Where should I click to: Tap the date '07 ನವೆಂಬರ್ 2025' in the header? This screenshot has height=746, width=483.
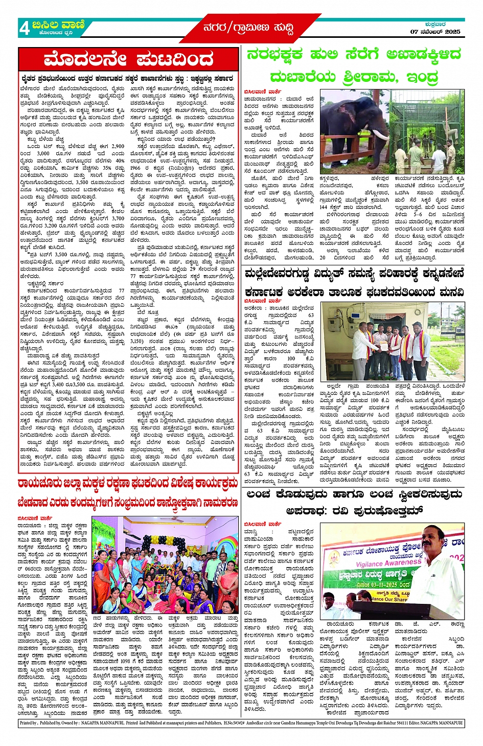435,32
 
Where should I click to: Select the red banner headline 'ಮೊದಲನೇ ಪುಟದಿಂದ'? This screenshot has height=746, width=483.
128,60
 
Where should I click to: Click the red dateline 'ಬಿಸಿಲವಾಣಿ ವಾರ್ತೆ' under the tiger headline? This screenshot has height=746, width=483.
262,92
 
